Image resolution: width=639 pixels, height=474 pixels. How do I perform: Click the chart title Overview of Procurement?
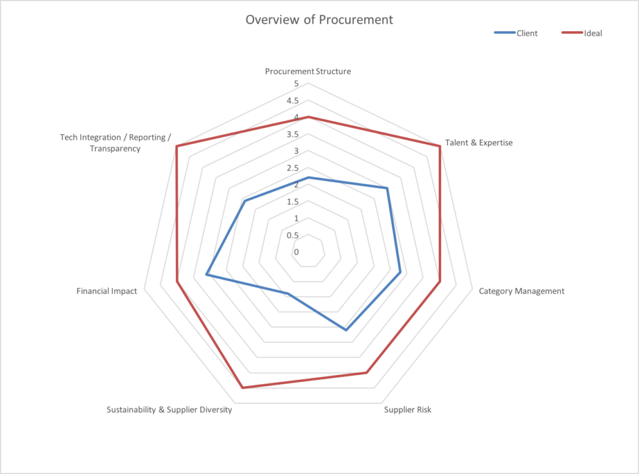(319, 19)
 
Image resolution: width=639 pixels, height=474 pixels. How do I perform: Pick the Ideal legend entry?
(593, 33)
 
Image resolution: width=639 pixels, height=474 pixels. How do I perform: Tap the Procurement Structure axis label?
(308, 71)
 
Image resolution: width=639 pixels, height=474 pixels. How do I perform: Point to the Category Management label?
(521, 291)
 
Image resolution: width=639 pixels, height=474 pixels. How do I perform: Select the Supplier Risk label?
(407, 410)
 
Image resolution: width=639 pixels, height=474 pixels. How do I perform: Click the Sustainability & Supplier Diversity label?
(169, 410)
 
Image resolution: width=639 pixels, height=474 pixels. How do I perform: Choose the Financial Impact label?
(107, 291)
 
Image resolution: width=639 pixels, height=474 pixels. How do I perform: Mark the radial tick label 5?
(296, 84)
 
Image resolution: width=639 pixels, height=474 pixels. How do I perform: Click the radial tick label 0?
(296, 253)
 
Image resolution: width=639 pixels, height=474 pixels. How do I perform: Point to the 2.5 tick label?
(293, 168)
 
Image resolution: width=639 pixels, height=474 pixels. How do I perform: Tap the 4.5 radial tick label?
(293, 101)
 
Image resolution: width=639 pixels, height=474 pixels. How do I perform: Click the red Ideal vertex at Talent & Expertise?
(440, 147)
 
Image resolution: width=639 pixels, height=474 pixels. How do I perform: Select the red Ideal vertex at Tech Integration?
(177, 147)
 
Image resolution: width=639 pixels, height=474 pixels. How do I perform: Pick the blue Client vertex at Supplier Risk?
(346, 330)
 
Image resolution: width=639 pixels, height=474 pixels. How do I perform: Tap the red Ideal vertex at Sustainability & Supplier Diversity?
(242, 388)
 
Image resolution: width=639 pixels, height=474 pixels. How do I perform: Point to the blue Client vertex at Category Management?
(400, 273)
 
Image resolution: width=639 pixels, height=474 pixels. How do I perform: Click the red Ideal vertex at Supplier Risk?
(366, 373)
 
